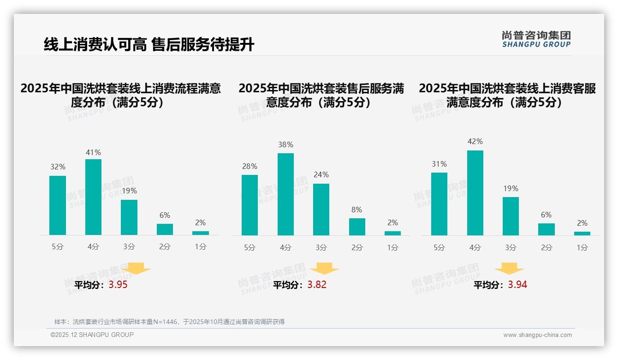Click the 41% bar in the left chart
point(93,197)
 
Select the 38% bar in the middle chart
point(285,194)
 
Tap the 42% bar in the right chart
point(475,193)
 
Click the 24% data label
point(321,175)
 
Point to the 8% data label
point(357,210)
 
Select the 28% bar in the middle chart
point(250,205)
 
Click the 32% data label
point(58,167)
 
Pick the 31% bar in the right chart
point(439,204)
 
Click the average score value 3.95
point(118,285)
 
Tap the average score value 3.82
point(317,285)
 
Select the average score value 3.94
point(517,285)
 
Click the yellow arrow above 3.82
point(324,269)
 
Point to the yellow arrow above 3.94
point(509,269)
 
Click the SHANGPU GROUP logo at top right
point(536,39)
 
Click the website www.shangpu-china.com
point(537,335)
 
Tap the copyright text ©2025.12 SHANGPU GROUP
point(92,335)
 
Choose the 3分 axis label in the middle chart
point(321,247)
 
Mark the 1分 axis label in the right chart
point(582,247)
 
